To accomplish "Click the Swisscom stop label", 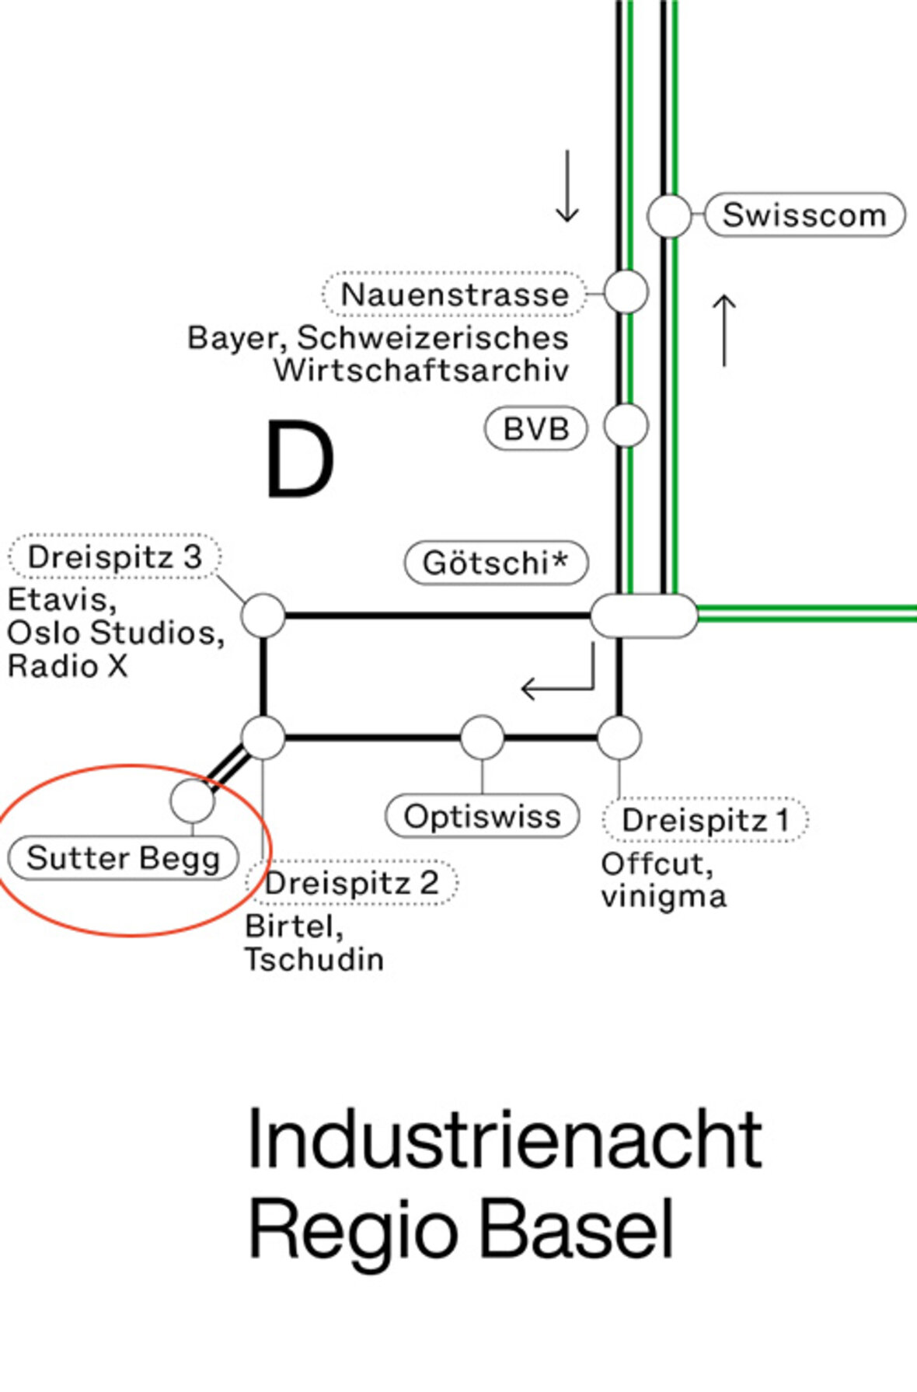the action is click(804, 215).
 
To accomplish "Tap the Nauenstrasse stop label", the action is click(455, 294).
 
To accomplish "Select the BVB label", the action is click(535, 428).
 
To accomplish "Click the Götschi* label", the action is click(496, 563).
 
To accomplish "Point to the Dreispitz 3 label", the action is click(115, 556).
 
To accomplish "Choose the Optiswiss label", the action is click(483, 816).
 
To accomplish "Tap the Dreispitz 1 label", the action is click(706, 820).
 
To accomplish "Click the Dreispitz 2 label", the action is click(352, 883).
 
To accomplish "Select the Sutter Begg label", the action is click(123, 858).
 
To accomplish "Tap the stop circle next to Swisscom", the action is click(669, 215).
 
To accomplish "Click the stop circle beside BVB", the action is click(626, 426).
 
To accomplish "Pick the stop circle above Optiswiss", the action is click(483, 738).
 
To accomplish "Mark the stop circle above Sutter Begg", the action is click(193, 801).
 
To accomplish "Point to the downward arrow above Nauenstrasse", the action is click(567, 187).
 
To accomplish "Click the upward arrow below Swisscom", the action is click(724, 330).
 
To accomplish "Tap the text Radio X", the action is click(68, 666).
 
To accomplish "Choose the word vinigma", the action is click(664, 897).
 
